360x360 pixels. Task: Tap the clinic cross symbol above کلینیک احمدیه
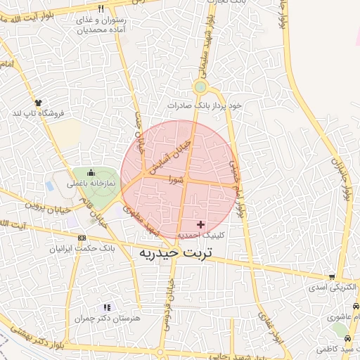pyautogui.click(x=202, y=225)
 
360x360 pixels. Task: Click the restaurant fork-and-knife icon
pyautogui.click(x=101, y=9)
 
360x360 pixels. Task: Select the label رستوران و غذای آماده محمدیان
pyautogui.click(x=102, y=25)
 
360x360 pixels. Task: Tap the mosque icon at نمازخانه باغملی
pyautogui.click(x=90, y=173)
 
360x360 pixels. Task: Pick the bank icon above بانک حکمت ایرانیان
pyautogui.click(x=83, y=239)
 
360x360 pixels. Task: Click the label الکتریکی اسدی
pyautogui.click(x=332, y=288)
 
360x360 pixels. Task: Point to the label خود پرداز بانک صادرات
pyautogui.click(x=204, y=105)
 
